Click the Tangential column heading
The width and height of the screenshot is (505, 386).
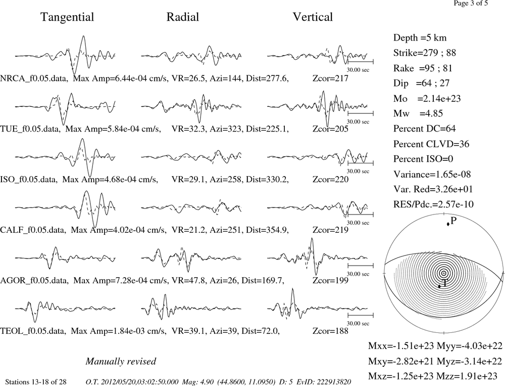(x=67, y=17)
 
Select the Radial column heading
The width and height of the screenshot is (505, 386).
(x=183, y=17)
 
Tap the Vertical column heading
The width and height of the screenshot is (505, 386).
(x=313, y=17)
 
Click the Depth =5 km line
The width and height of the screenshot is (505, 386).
(x=420, y=38)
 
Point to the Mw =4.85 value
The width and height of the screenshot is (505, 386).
(x=418, y=114)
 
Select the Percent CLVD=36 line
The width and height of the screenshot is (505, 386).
(x=431, y=144)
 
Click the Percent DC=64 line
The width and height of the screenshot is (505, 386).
(x=425, y=129)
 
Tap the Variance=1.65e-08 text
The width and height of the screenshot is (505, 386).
(x=432, y=174)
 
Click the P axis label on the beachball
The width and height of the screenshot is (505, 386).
(x=453, y=221)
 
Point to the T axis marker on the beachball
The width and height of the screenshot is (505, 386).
(x=439, y=286)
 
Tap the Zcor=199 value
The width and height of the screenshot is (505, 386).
(x=330, y=280)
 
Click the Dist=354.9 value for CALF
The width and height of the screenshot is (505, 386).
(x=267, y=230)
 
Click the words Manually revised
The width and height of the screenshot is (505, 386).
(x=121, y=362)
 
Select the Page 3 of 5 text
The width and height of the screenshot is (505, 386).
(x=471, y=3)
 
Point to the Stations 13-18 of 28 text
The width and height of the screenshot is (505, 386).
(x=36, y=382)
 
